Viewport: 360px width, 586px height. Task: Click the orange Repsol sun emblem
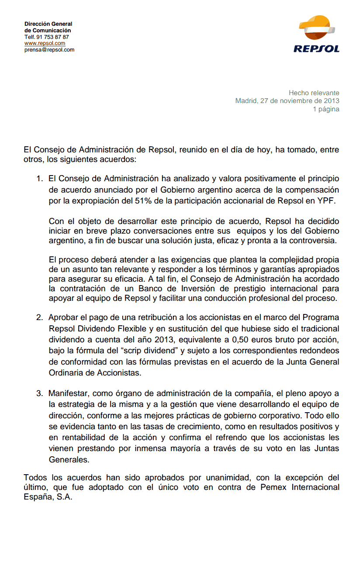click(x=317, y=29)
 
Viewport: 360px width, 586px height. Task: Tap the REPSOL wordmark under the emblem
click(x=316, y=49)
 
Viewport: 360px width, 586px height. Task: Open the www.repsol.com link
click(x=45, y=43)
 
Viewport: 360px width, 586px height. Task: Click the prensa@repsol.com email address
click(x=49, y=50)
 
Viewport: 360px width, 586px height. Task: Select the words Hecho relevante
click(x=314, y=93)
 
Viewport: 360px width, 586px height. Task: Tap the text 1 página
click(x=326, y=109)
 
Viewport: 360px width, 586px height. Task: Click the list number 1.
click(x=39, y=179)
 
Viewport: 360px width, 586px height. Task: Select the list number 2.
click(x=39, y=317)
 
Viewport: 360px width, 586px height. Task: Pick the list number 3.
click(x=39, y=393)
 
